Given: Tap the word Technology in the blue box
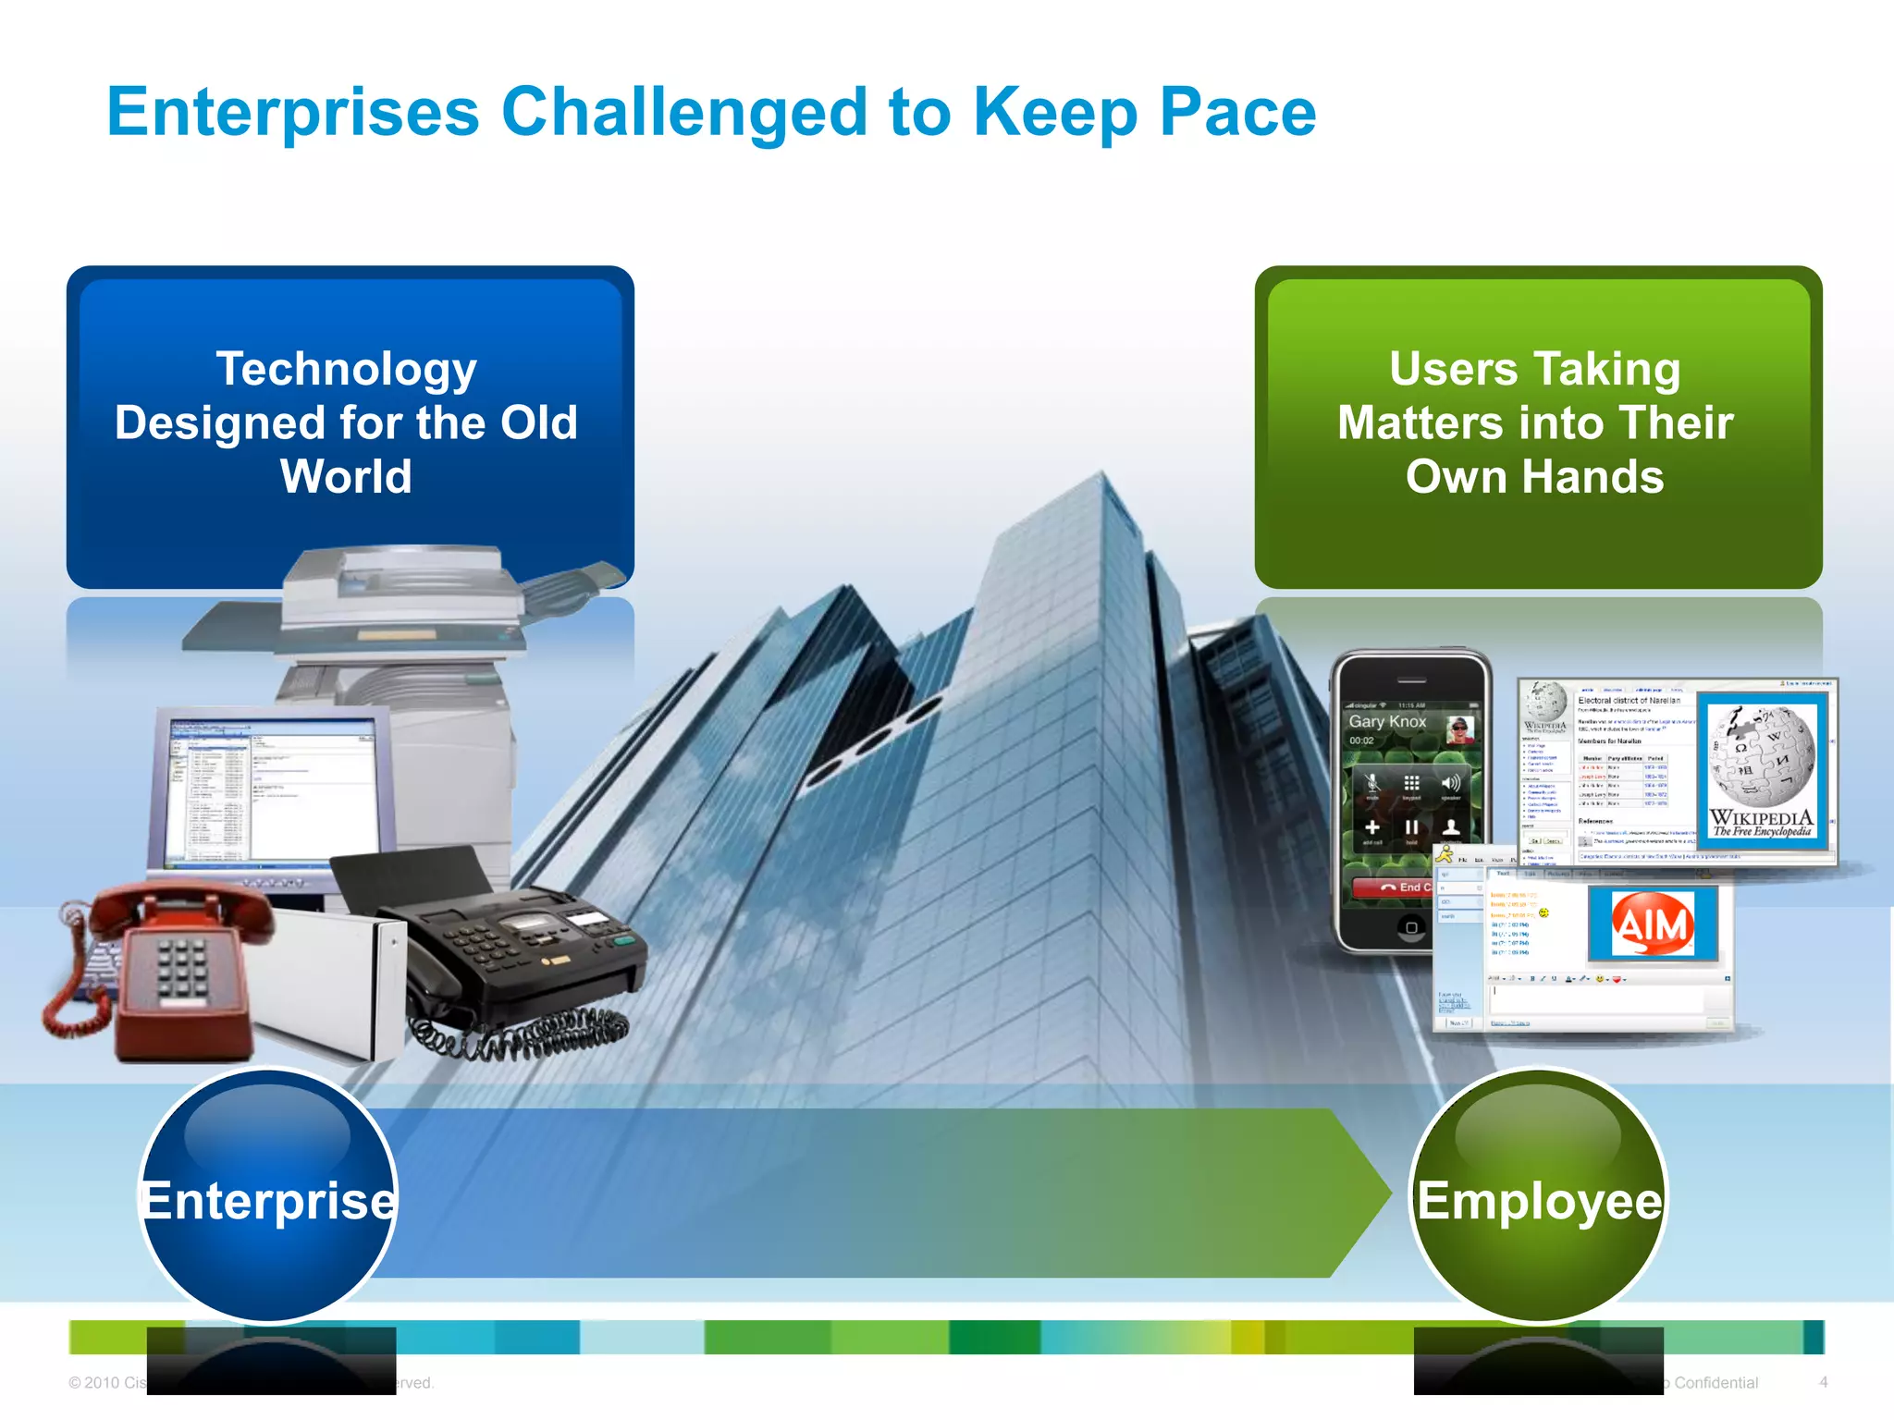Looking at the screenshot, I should [347, 369].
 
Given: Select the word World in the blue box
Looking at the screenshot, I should [346, 477].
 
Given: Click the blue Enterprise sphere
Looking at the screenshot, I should [268, 1197].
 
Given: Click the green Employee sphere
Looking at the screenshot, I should [1539, 1197].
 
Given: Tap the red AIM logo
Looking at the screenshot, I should [1653, 924].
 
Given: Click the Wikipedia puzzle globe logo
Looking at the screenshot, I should [1761, 758].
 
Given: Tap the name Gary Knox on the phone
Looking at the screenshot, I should [1387, 721].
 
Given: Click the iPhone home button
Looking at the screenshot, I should [1411, 927].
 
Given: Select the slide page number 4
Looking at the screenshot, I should [1823, 1382].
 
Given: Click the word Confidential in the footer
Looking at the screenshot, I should [1716, 1383].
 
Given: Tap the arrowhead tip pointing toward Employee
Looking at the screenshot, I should [1383, 1193].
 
